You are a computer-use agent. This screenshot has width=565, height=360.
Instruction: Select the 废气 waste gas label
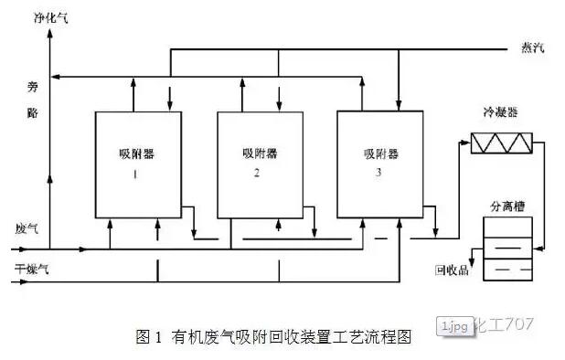pyautogui.click(x=27, y=227)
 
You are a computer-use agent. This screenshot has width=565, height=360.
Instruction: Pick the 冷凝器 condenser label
pyautogui.click(x=500, y=115)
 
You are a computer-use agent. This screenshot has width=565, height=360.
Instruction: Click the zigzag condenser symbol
pyautogui.click(x=500, y=143)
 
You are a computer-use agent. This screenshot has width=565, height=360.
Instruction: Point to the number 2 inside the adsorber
pyautogui.click(x=259, y=174)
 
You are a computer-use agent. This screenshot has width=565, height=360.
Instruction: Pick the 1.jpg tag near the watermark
pyautogui.click(x=455, y=325)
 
